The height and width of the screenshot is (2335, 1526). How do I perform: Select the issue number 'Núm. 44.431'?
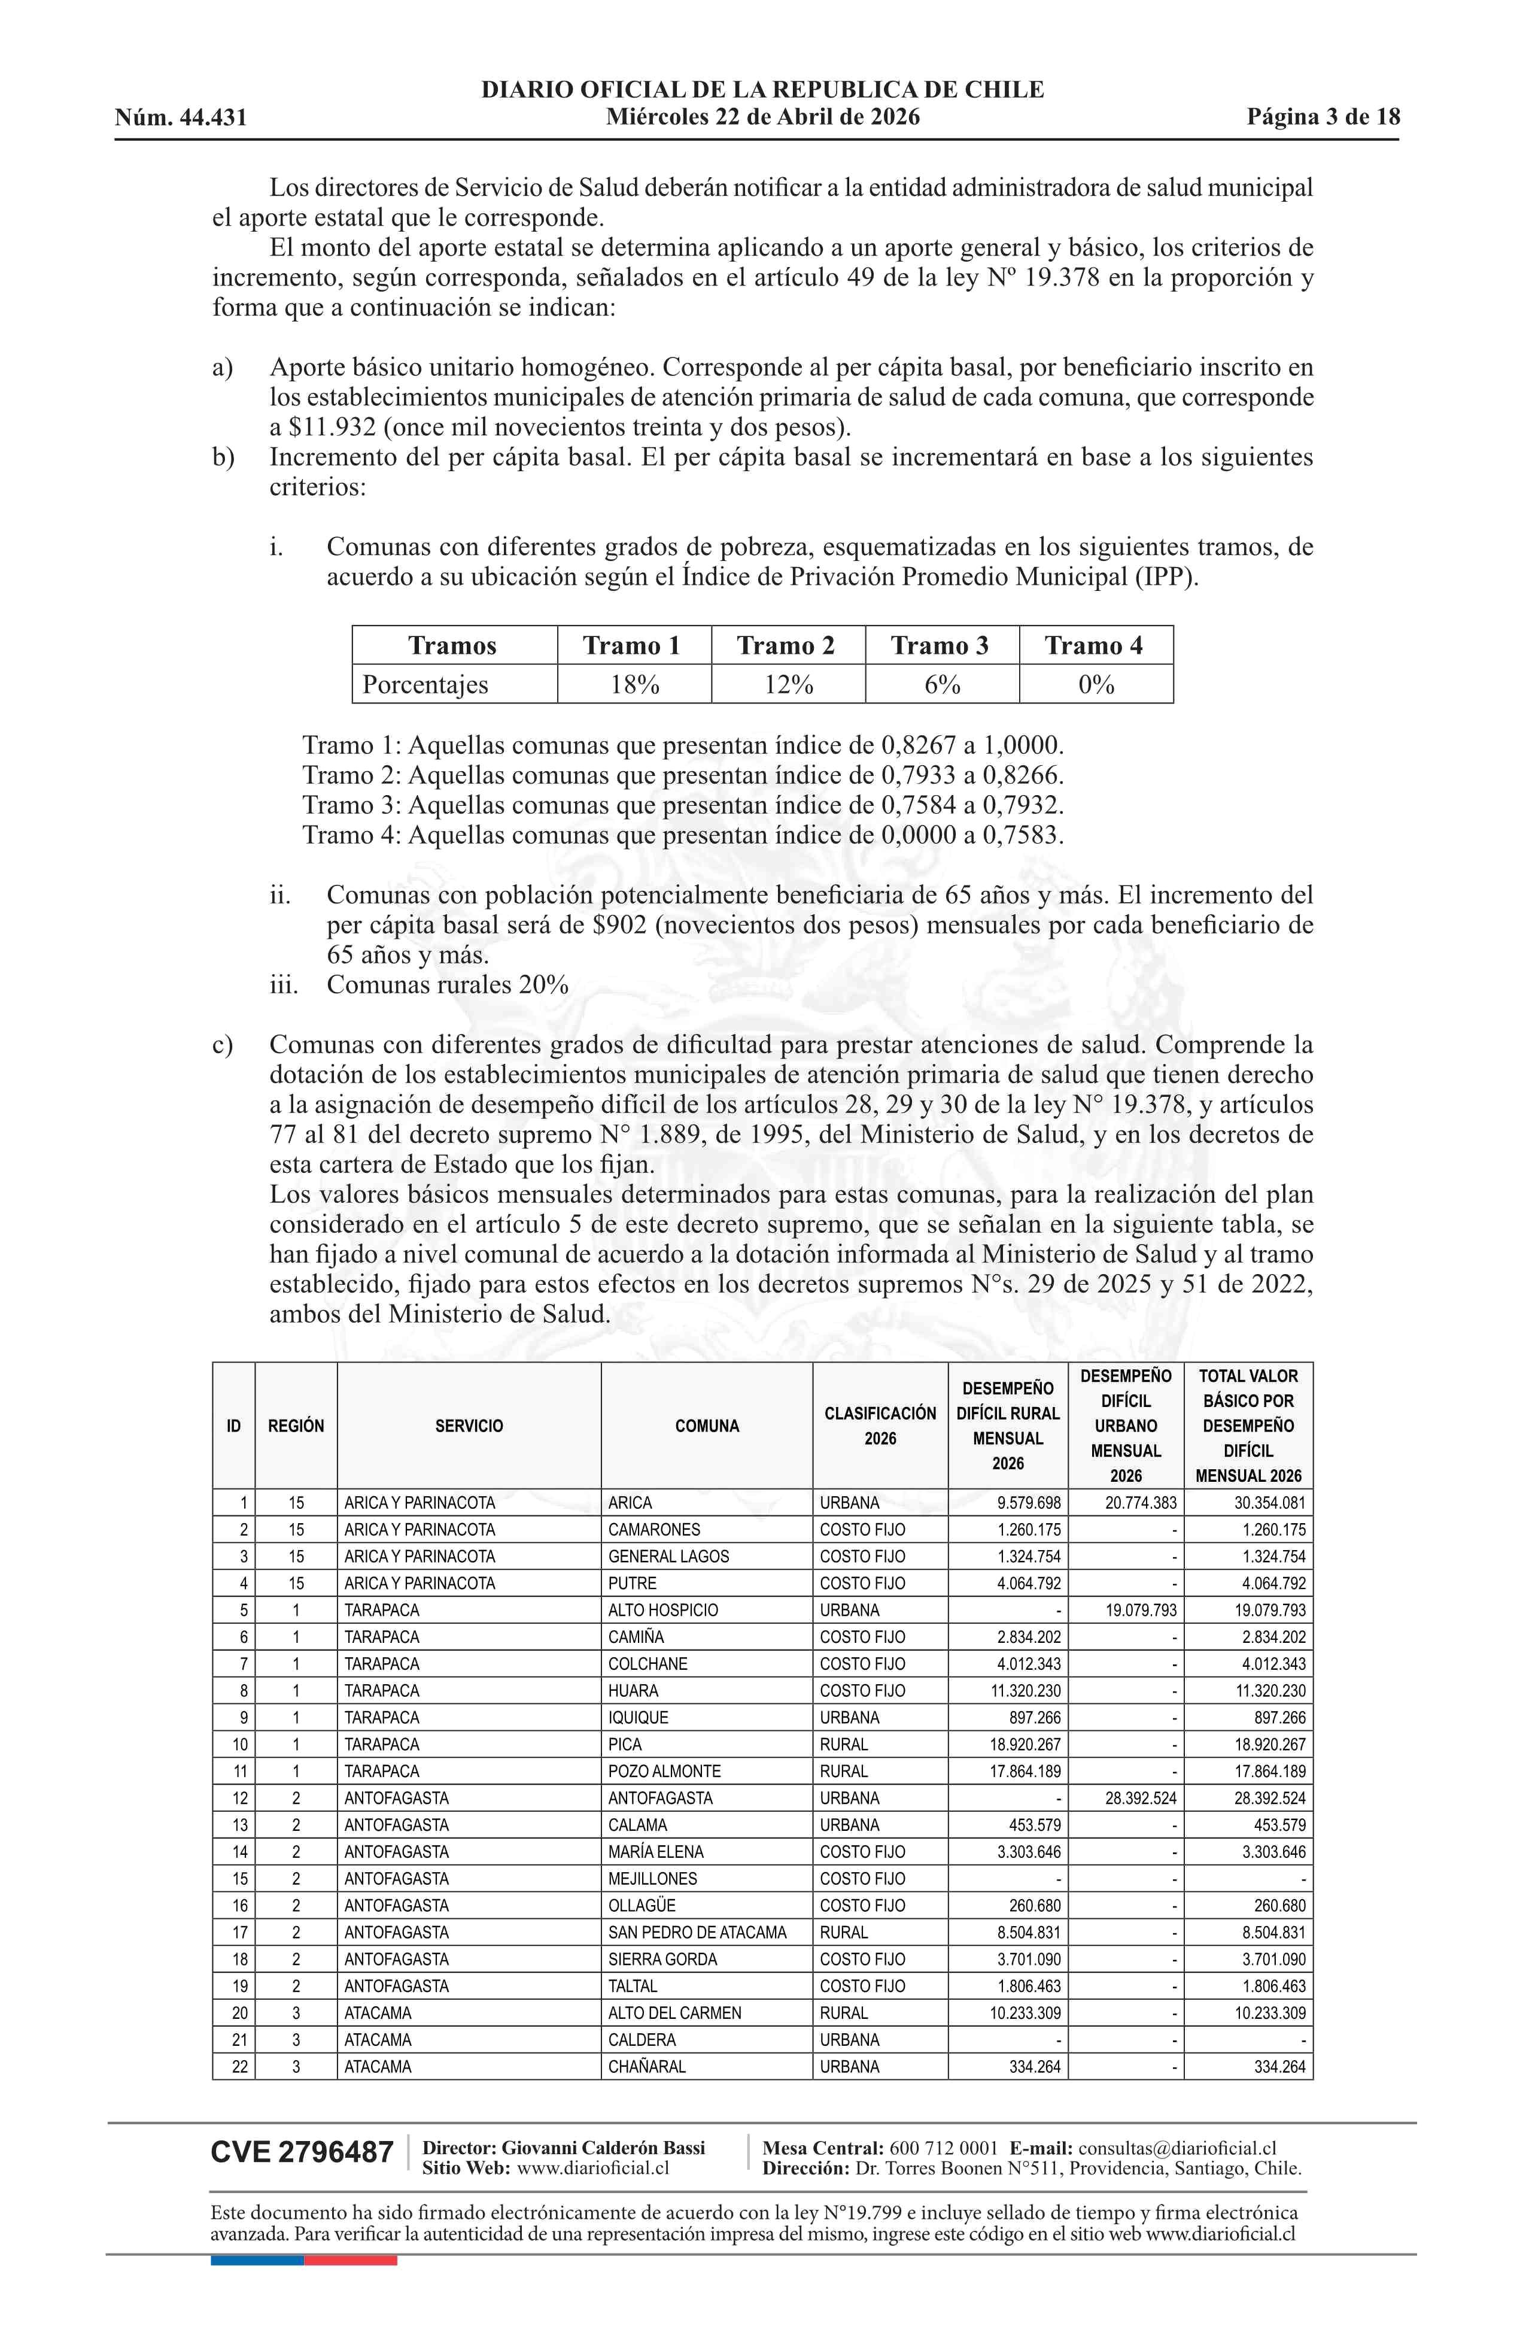(x=181, y=119)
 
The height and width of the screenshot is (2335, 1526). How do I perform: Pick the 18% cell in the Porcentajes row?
(x=634, y=685)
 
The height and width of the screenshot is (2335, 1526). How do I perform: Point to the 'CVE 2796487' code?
(x=302, y=2152)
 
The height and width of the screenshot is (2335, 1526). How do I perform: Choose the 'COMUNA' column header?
(x=706, y=1426)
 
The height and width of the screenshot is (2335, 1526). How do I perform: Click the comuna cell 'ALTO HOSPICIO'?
(x=663, y=1610)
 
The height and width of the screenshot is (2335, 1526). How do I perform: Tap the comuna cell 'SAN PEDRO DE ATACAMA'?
(x=697, y=1932)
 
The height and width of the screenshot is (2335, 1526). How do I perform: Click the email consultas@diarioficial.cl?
(x=1177, y=2149)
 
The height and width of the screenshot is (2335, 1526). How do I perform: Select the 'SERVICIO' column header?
(x=469, y=1426)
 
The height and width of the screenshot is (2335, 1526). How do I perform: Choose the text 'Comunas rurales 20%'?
(x=447, y=985)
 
